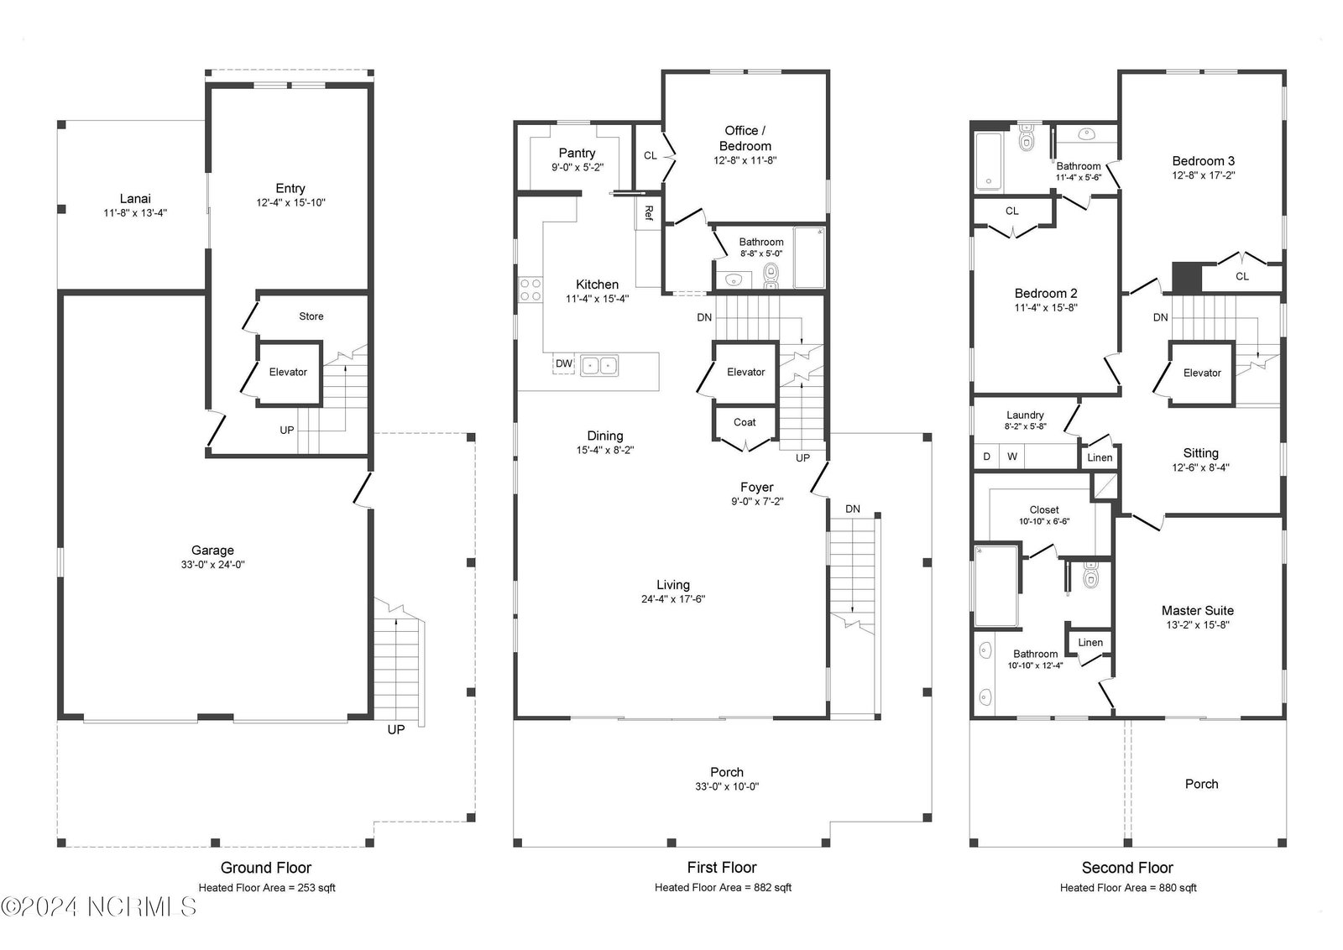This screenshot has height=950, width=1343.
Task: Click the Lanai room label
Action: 135,198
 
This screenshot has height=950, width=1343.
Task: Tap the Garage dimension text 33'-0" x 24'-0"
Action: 213,565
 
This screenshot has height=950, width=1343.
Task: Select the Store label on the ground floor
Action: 311,316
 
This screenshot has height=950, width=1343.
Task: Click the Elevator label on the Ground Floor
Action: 288,373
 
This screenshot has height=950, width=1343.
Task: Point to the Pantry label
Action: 577,153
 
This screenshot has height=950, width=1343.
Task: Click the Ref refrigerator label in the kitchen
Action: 649,213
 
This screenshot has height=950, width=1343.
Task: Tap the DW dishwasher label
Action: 563,363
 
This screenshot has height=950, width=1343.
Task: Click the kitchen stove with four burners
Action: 530,290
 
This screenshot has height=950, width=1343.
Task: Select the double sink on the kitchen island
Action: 599,365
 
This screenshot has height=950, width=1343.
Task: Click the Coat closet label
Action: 745,423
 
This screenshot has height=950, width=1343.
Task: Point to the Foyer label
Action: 756,488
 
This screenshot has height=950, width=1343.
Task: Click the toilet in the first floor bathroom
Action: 771,276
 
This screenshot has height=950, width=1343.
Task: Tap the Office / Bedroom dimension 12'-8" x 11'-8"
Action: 745,160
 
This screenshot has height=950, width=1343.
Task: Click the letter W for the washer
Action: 1012,457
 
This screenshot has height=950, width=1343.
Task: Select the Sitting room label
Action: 1201,453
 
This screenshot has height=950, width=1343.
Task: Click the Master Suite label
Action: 1197,611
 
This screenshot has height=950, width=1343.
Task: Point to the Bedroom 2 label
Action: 1046,294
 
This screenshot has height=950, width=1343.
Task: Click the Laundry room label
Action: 1025,415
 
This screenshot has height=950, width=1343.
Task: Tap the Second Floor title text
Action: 1127,868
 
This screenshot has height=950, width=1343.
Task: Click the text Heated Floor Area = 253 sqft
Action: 267,888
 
